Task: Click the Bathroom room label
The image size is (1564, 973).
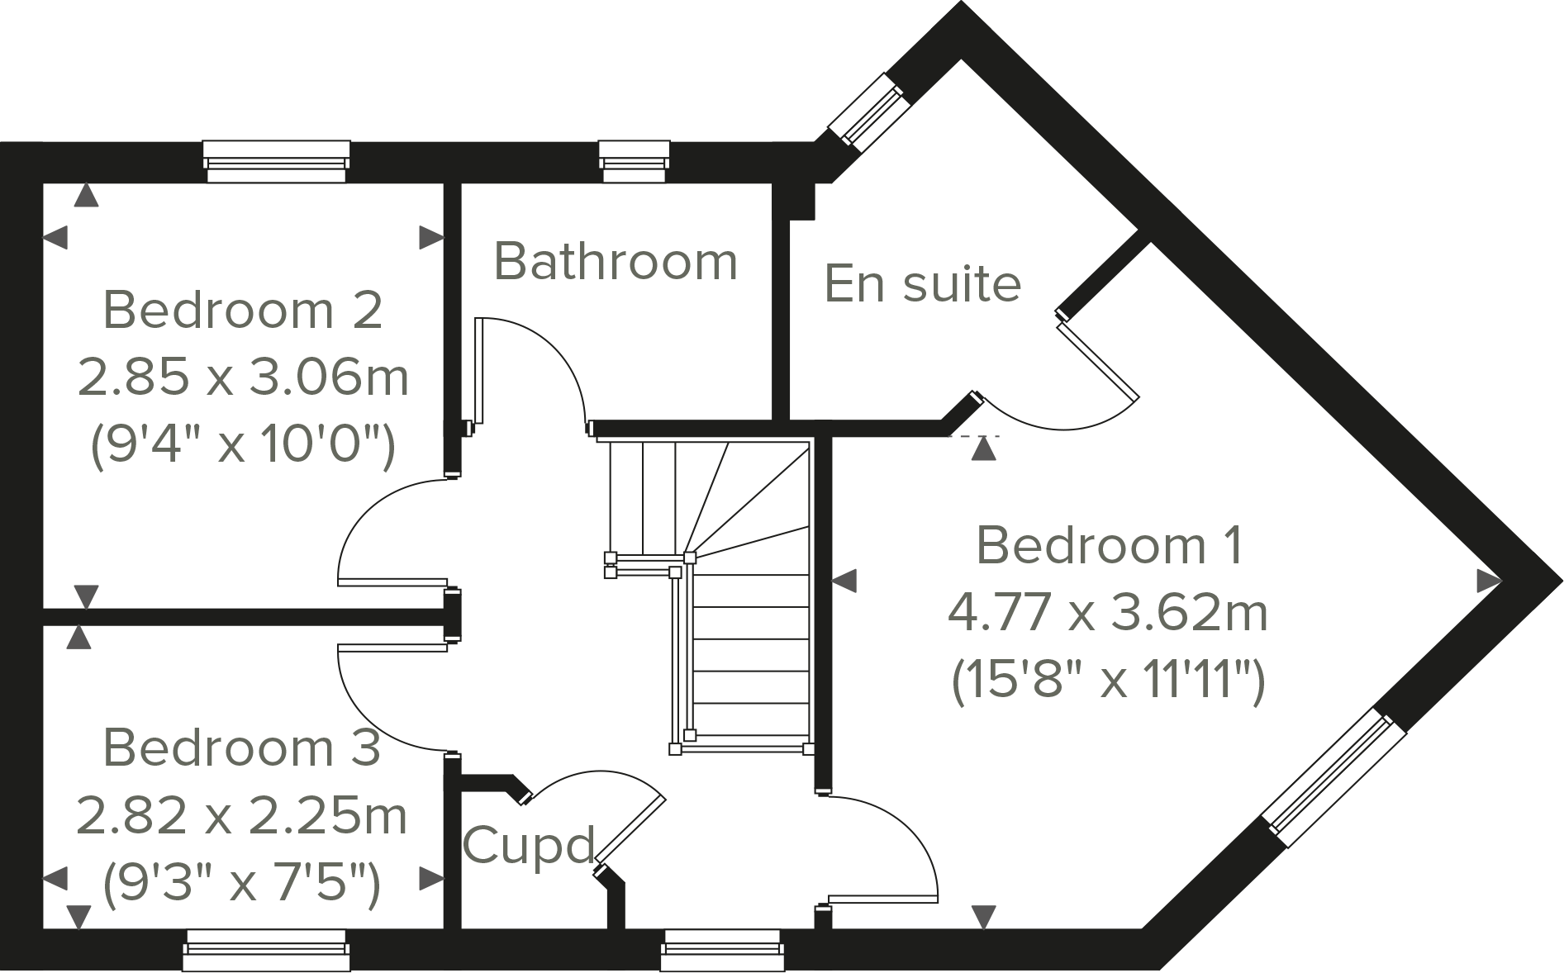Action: point(616,262)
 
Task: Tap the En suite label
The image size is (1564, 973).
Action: point(923,283)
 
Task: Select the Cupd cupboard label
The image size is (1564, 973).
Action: point(529,845)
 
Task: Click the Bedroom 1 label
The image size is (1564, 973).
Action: point(1109,546)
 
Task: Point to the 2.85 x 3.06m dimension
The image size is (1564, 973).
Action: point(243,377)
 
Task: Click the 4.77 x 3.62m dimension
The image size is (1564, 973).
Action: point(1107,614)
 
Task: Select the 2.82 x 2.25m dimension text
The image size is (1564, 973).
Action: point(241,816)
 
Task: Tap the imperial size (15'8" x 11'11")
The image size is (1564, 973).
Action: point(1108,682)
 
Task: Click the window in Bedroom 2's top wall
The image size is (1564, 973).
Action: point(276,161)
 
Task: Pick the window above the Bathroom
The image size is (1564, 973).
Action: point(634,161)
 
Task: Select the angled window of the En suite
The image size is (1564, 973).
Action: point(868,112)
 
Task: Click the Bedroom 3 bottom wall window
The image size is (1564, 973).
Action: point(265,950)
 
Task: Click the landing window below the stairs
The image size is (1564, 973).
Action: point(721,950)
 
